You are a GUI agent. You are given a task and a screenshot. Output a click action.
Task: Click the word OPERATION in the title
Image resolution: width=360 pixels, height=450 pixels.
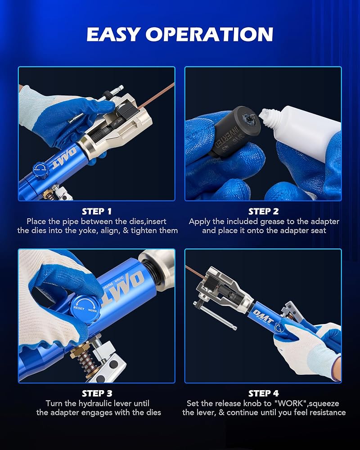[209, 34]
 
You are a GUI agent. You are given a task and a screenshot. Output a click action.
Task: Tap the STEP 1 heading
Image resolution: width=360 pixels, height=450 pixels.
[96, 211]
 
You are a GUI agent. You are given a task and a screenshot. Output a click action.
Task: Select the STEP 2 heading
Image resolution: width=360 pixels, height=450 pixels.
[263, 211]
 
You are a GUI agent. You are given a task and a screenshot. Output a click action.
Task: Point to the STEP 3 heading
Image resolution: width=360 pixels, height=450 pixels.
[96, 393]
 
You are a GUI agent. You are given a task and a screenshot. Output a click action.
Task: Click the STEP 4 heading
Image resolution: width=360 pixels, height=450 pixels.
[263, 393]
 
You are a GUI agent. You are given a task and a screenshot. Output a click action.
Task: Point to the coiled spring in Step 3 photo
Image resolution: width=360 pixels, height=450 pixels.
[86, 362]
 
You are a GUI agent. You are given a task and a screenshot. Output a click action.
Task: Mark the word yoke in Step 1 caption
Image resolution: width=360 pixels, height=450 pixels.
[87, 230]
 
